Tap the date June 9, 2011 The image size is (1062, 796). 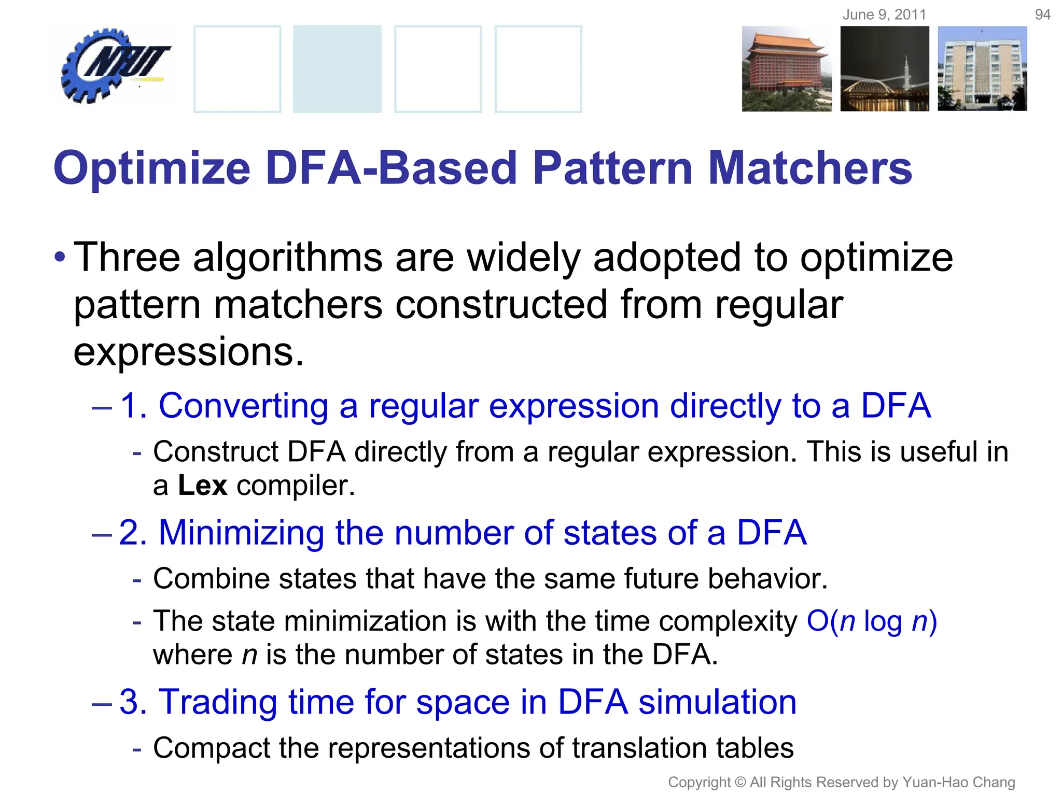click(x=884, y=15)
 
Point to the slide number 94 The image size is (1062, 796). click(x=1042, y=15)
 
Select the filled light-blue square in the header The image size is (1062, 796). click(x=337, y=69)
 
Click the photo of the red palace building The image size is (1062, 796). click(x=786, y=69)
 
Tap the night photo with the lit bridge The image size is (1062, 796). click(x=884, y=69)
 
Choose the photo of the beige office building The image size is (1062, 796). click(x=982, y=69)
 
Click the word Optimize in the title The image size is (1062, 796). click(x=152, y=169)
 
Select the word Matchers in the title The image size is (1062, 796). click(x=809, y=168)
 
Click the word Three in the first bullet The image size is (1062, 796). click(x=127, y=257)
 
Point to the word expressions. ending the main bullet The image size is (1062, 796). click(x=188, y=352)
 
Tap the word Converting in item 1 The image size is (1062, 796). click(x=243, y=405)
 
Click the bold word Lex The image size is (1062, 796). click(x=202, y=486)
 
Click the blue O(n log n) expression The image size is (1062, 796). click(x=872, y=621)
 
